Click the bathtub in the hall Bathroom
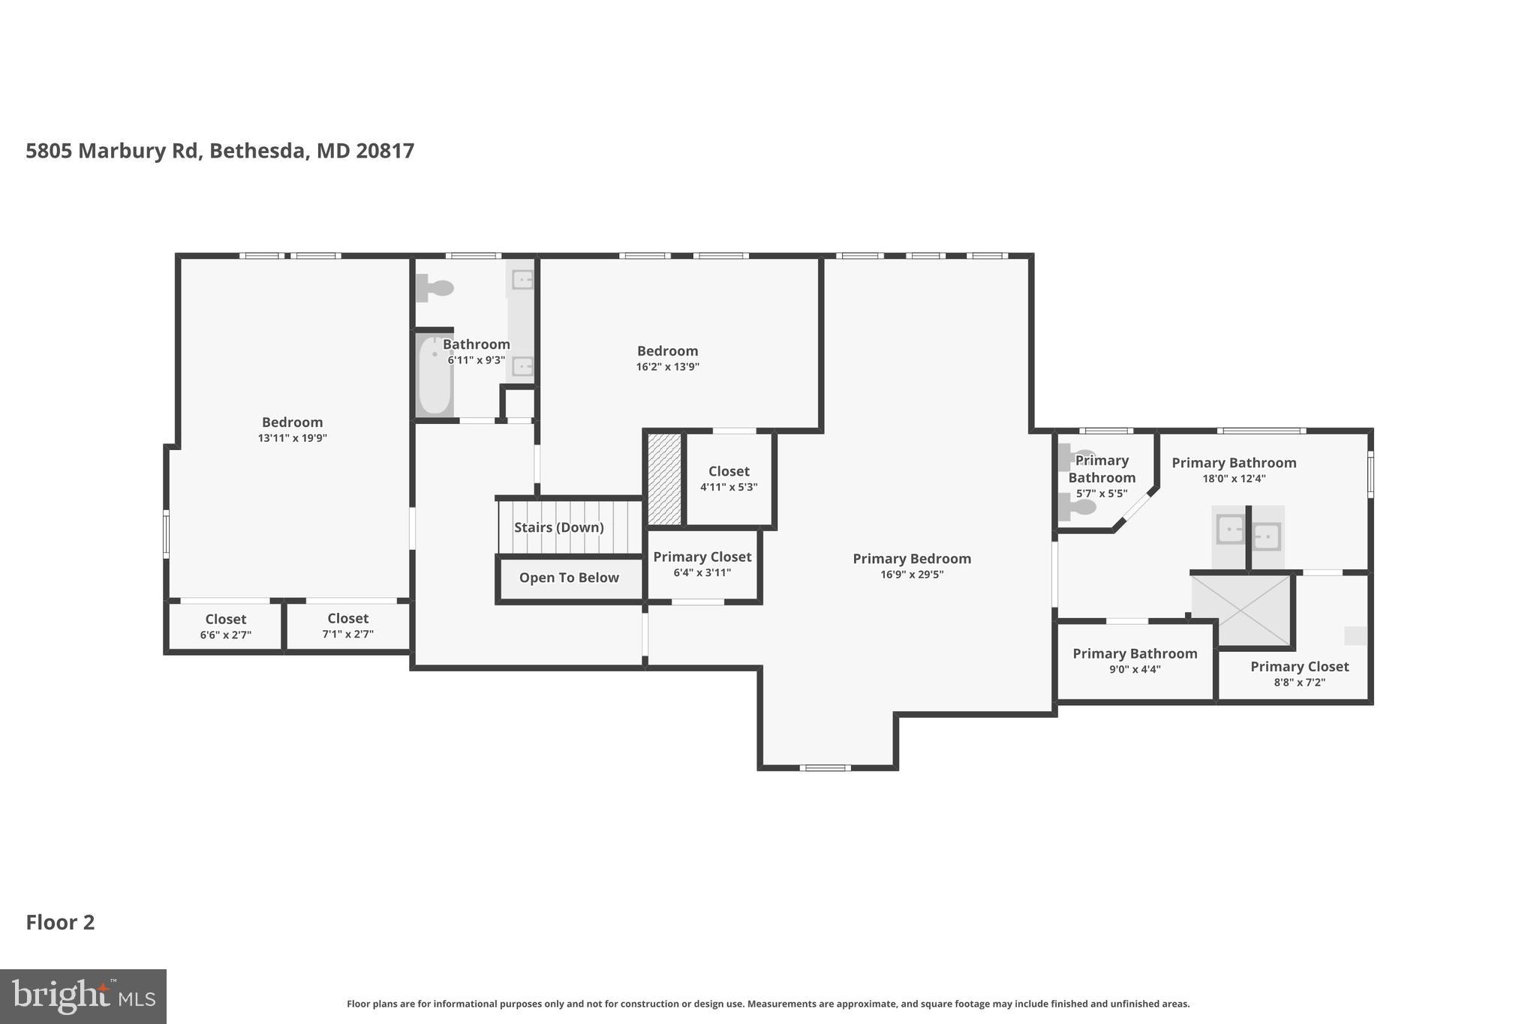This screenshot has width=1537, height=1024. [435, 376]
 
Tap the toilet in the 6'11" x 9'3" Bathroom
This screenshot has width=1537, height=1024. [435, 288]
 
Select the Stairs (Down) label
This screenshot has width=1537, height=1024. [558, 527]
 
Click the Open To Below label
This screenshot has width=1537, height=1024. [569, 578]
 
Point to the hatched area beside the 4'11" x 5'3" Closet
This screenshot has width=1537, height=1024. [664, 479]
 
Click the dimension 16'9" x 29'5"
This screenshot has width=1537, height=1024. [912, 575]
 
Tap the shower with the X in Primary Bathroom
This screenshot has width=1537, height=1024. [1243, 609]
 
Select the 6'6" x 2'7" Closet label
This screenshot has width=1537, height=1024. [225, 626]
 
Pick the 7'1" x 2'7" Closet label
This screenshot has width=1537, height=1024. [347, 626]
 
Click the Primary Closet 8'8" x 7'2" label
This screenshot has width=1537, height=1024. [1299, 674]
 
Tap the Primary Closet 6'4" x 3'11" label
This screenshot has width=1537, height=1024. [702, 564]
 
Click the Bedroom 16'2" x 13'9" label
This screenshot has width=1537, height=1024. [667, 358]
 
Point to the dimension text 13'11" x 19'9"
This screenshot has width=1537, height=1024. [292, 438]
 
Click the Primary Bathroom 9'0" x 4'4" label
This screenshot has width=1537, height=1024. [1135, 661]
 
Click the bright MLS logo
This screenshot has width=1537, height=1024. [83, 996]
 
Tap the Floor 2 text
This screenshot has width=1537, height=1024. [60, 922]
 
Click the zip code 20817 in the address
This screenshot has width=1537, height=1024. [385, 151]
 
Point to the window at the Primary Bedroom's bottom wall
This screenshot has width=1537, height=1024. [825, 767]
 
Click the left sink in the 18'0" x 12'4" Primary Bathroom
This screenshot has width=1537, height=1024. [1230, 530]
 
